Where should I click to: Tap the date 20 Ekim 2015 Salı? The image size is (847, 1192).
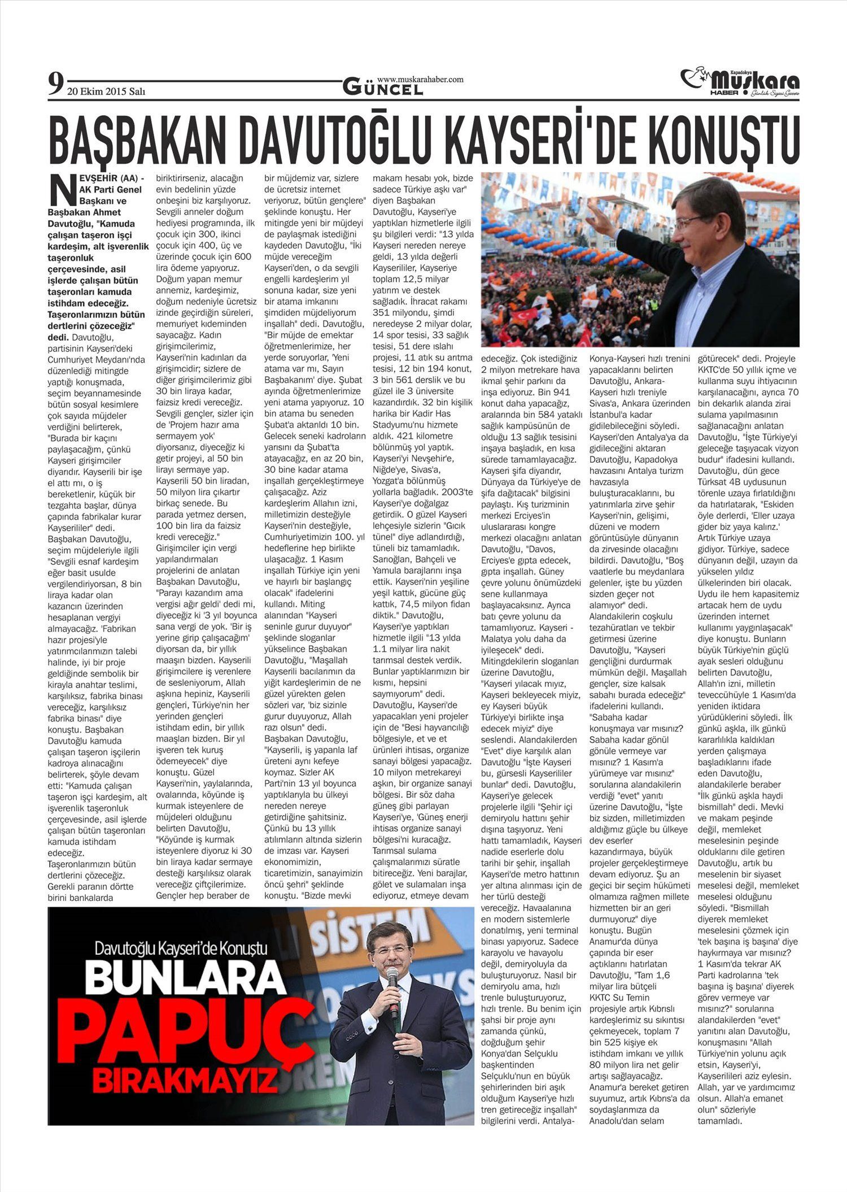(x=106, y=92)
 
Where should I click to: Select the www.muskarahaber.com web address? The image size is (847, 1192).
(x=420, y=80)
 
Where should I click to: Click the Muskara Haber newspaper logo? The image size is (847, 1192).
(x=740, y=82)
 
